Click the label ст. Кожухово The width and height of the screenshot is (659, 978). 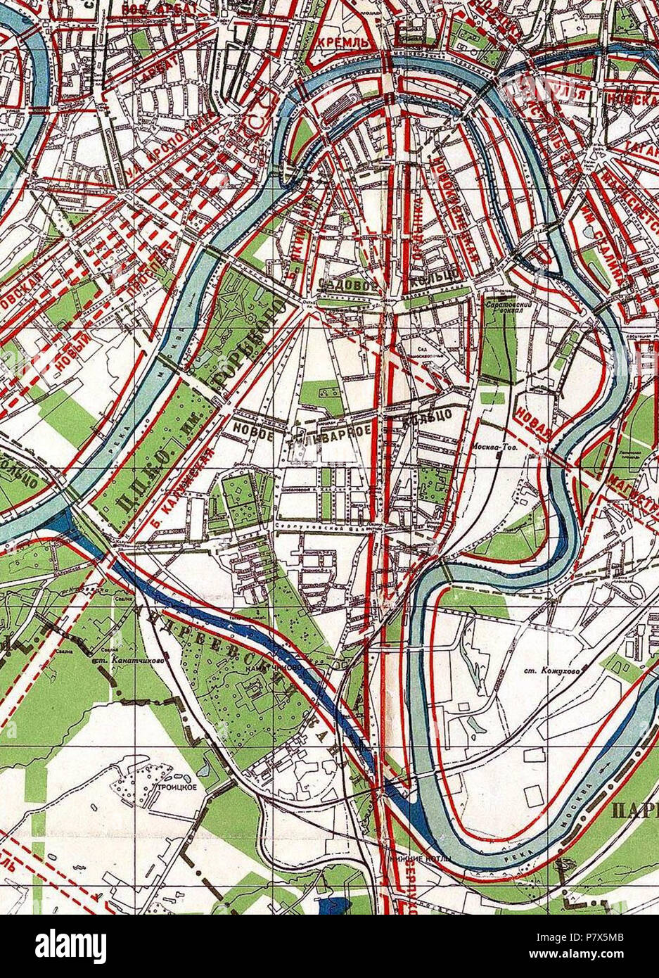click(x=556, y=672)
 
